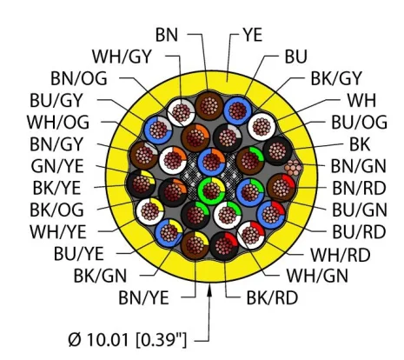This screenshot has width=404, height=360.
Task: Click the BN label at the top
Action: pyautogui.click(x=167, y=35)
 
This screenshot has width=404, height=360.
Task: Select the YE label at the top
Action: pyautogui.click(x=253, y=35)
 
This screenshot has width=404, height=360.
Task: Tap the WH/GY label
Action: pyautogui.click(x=122, y=57)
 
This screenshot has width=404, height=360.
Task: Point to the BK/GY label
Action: pyautogui.click(x=336, y=78)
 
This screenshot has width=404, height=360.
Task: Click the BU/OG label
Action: pyautogui.click(x=359, y=122)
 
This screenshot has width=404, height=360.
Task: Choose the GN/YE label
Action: pyautogui.click(x=57, y=166)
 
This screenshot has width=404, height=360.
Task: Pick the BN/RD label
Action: pyautogui.click(x=359, y=188)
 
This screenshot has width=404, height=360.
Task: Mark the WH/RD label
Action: pyautogui.click(x=341, y=255)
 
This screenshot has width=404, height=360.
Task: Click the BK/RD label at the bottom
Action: pyautogui.click(x=272, y=297)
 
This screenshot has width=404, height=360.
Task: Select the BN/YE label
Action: pyautogui.click(x=143, y=297)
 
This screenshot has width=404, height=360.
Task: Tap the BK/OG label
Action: pyautogui.click(x=56, y=210)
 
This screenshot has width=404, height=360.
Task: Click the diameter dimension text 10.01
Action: pyautogui.click(x=108, y=340)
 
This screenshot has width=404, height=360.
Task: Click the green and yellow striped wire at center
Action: pyautogui.click(x=211, y=190)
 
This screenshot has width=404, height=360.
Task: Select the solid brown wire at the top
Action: pyautogui.click(x=209, y=105)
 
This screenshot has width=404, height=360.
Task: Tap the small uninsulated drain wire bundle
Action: pyautogui.click(x=294, y=168)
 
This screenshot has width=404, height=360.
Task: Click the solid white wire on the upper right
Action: pyautogui.click(x=262, y=127)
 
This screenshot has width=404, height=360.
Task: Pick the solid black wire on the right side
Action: pyautogui.click(x=277, y=150)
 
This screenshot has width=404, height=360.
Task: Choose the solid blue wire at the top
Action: pyautogui.click(x=237, y=110)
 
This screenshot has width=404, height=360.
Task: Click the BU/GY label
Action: pyautogui.click(x=56, y=100)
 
